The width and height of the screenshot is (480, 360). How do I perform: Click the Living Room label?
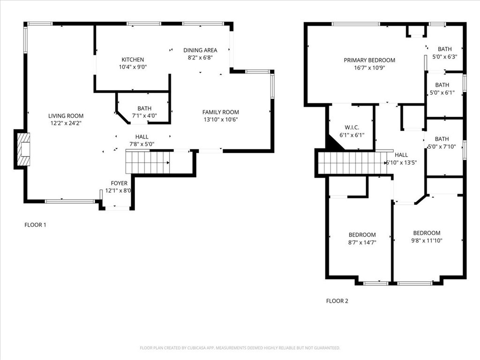(x=66, y=116)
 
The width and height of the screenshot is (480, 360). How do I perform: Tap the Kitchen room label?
(x=133, y=60)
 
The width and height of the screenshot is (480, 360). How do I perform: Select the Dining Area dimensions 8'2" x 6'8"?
(x=200, y=57)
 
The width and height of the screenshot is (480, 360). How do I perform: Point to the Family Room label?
(x=220, y=112)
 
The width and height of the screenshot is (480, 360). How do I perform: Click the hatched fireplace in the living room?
(x=23, y=149)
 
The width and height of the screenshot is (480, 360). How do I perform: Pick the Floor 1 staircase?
(x=148, y=162)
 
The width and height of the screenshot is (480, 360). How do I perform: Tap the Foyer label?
(x=119, y=183)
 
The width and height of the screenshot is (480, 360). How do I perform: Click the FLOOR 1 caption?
(x=35, y=225)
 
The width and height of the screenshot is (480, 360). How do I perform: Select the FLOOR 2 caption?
(x=337, y=301)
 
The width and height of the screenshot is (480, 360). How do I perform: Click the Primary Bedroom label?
(x=369, y=60)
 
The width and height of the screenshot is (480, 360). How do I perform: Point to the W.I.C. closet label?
(x=352, y=127)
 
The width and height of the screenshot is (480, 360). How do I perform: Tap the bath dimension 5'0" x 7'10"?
(x=442, y=147)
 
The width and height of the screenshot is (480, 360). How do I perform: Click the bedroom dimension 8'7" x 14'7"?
(x=362, y=242)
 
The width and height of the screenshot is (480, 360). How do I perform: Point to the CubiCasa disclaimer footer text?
(x=240, y=348)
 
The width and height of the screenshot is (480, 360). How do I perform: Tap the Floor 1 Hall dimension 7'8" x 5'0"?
(x=142, y=144)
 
